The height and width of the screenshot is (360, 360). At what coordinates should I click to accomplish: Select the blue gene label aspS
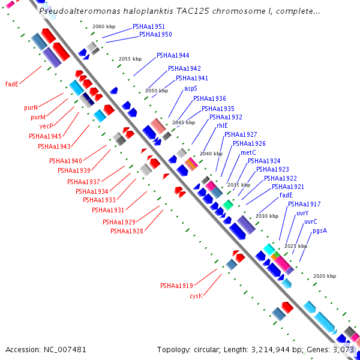tap(191, 88)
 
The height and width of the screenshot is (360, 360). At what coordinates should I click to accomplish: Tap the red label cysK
tap(196, 296)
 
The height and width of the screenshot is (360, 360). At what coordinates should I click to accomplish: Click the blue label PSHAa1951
tap(149, 27)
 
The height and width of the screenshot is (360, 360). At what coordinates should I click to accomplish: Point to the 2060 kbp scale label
tap(104, 27)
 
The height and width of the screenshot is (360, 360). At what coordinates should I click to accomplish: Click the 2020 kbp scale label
tap(325, 276)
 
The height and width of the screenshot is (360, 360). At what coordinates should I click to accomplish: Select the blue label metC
tap(248, 153)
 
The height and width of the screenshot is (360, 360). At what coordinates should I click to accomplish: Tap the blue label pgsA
tap(320, 230)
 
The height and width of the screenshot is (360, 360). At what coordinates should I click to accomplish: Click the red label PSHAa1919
tap(176, 286)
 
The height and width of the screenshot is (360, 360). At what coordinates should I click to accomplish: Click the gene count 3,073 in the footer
tap(342, 349)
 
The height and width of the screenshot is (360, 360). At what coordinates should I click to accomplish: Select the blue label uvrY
tap(302, 213)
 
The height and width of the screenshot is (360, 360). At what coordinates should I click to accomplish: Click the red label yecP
tap(46, 127)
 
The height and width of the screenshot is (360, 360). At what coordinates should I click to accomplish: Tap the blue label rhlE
tap(222, 126)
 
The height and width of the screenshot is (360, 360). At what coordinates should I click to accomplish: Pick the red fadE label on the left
tap(12, 84)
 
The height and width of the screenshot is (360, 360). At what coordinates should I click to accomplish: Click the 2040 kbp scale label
tap(211, 154)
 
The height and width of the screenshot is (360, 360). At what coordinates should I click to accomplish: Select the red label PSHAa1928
tap(127, 232)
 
